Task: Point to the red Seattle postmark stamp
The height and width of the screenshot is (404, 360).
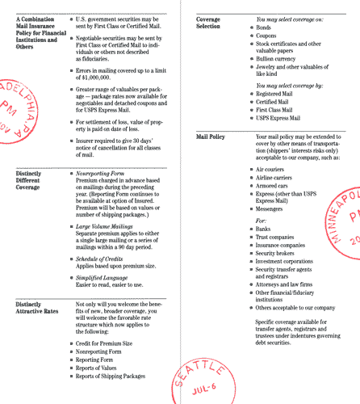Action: [x=195, y=368]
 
